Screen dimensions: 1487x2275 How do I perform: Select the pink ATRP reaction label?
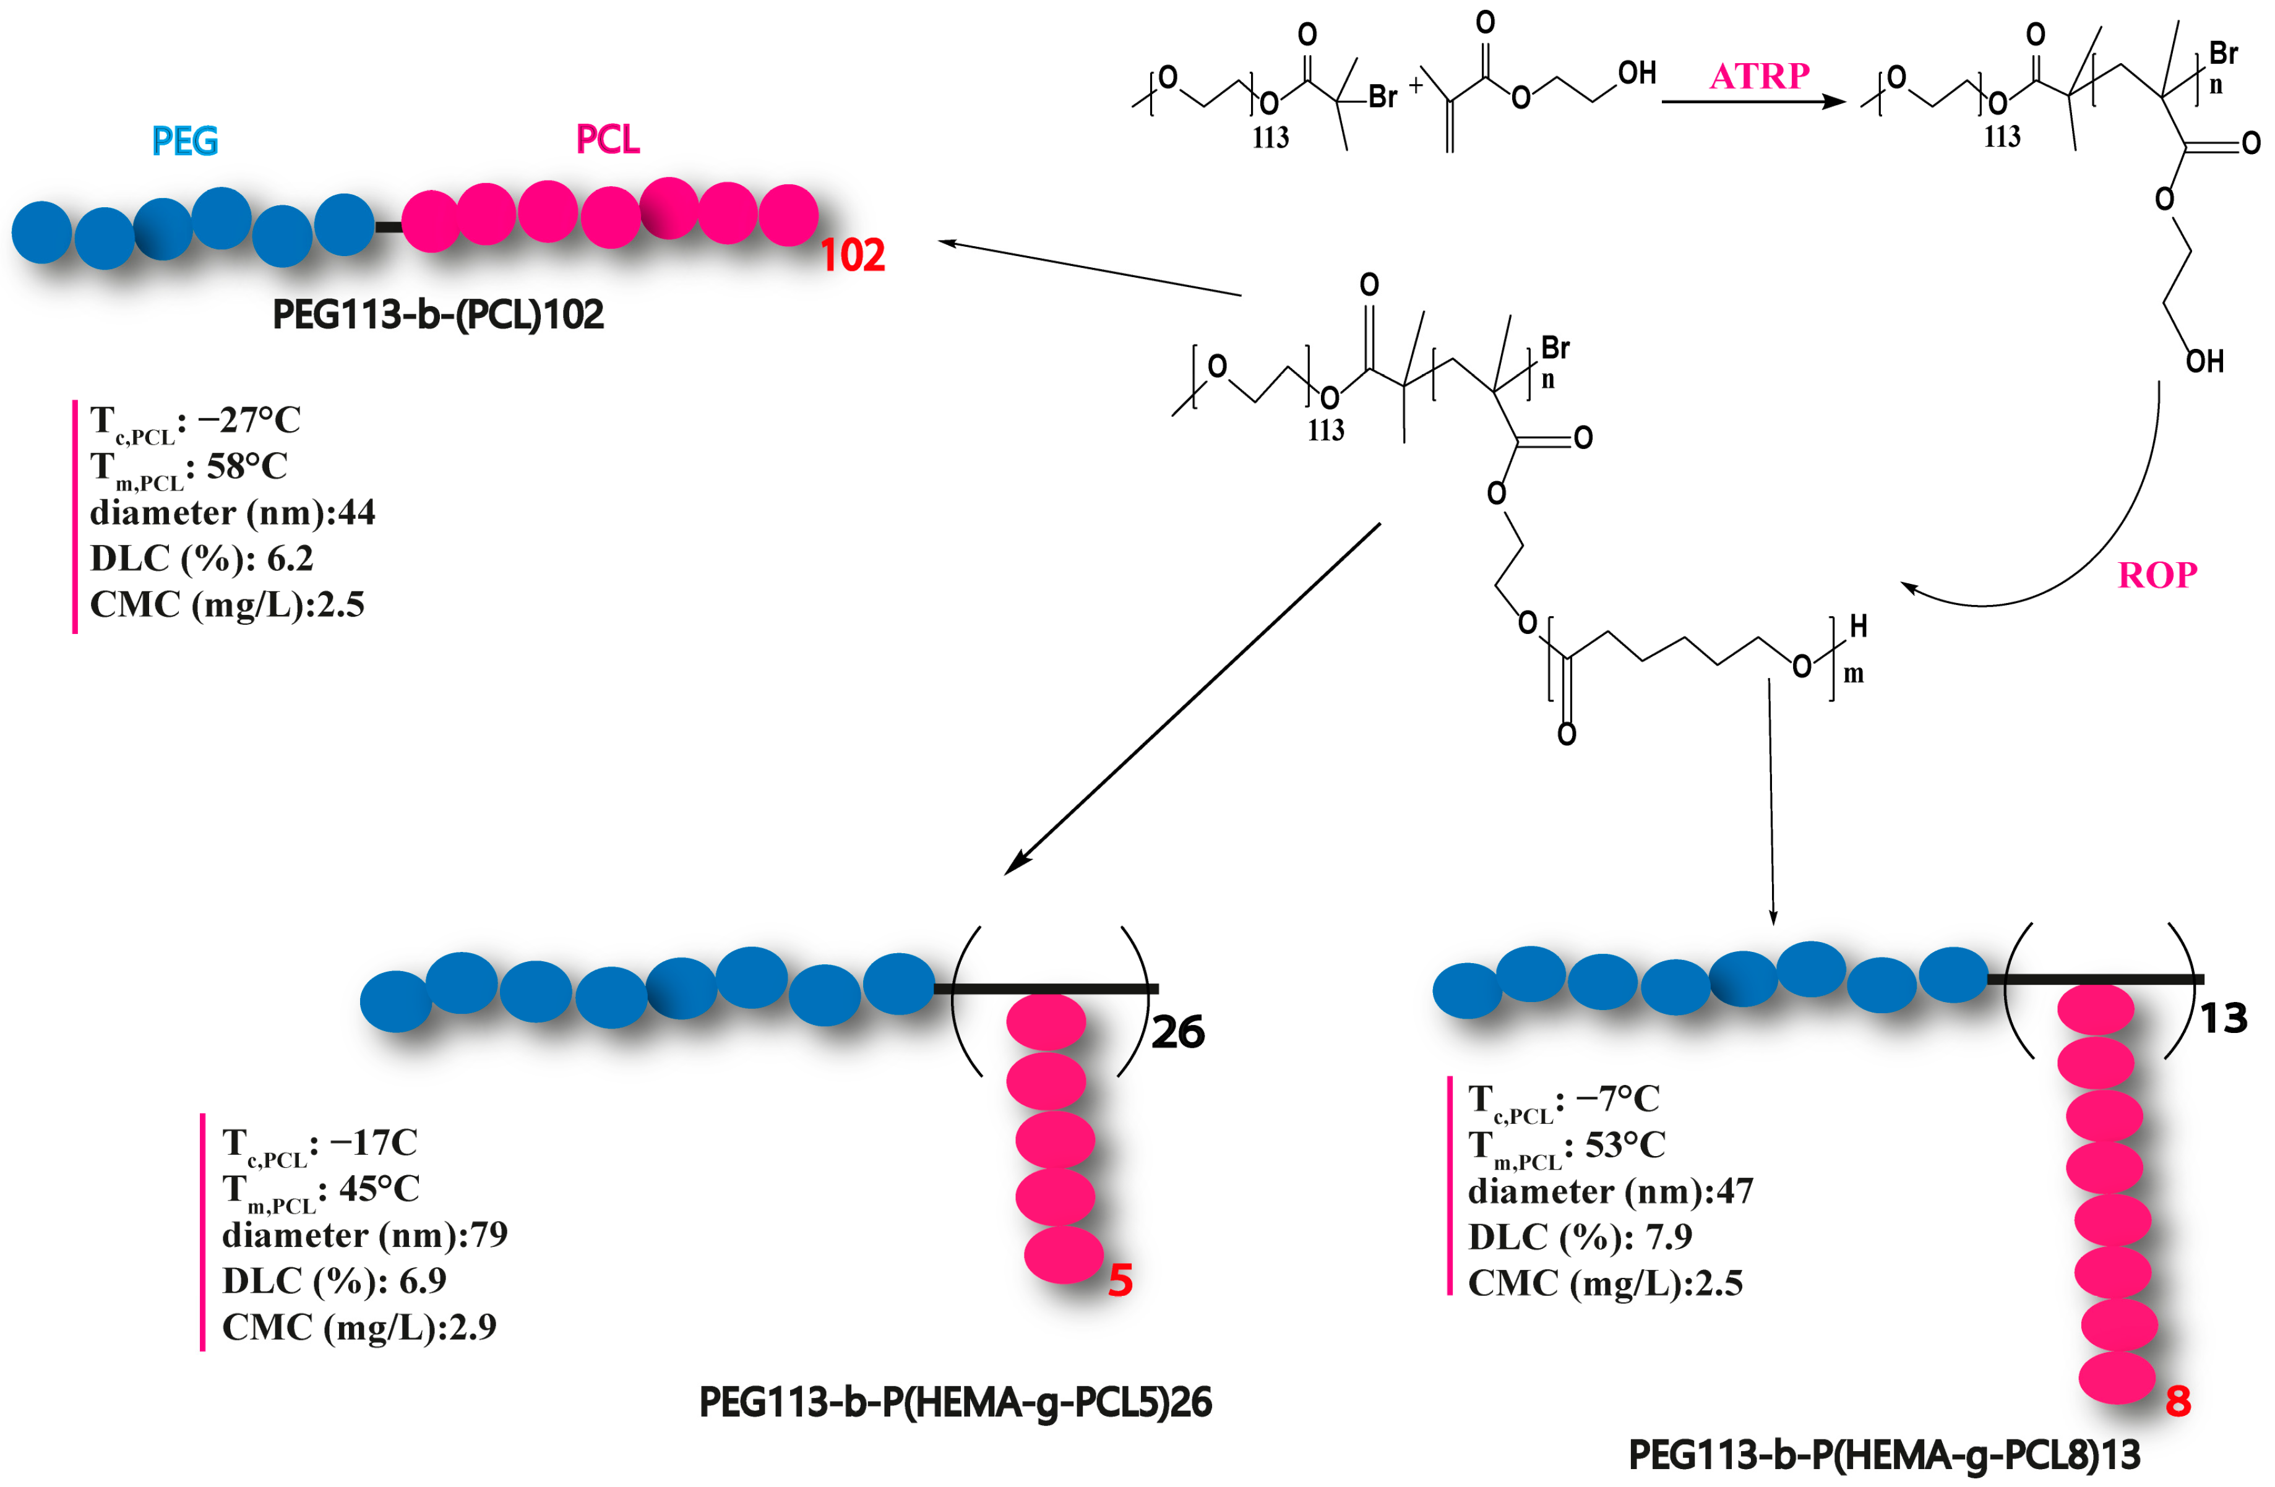[1759, 75]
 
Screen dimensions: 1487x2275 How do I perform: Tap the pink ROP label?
[2157, 575]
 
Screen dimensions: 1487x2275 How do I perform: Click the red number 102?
[853, 255]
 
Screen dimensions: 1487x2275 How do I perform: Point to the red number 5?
[1120, 1280]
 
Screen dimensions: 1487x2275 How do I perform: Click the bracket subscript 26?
[1177, 1032]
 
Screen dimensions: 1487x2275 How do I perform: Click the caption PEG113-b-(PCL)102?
[438, 314]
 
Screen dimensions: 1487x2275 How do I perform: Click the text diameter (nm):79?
[364, 1235]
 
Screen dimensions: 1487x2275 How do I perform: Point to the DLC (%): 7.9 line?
[1579, 1236]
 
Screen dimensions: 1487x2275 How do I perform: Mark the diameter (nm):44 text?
[232, 512]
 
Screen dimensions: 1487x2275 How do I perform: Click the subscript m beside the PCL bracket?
[1854, 674]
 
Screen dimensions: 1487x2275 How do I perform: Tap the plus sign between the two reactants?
[1416, 85]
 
